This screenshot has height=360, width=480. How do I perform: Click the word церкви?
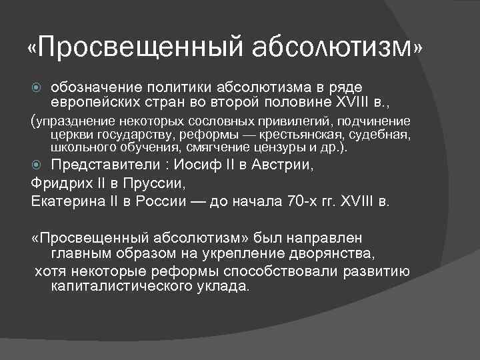[71, 136]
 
